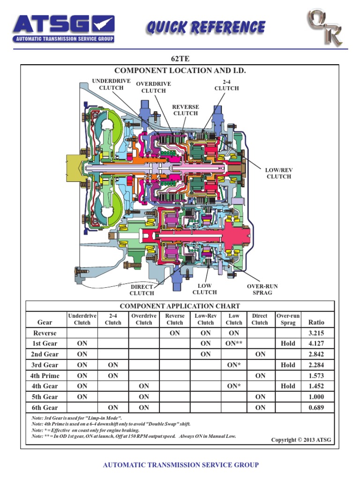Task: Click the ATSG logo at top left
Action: tap(63, 29)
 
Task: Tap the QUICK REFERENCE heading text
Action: tap(205, 28)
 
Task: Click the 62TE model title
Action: tap(180, 59)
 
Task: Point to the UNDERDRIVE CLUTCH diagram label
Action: tap(112, 84)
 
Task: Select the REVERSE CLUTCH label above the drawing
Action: tap(186, 110)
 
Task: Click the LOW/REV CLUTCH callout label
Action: tap(279, 173)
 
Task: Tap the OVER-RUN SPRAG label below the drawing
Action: tap(262, 289)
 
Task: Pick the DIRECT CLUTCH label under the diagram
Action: tap(142, 290)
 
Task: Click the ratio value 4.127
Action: tap(316, 344)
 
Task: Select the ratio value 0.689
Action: tap(316, 408)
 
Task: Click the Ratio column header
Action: tap(316, 322)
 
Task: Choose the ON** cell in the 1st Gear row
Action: tap(234, 344)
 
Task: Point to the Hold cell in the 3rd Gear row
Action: tap(288, 365)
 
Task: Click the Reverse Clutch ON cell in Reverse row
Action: tap(175, 333)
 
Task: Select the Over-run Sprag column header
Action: tap(288, 319)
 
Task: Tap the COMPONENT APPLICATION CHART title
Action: tap(180, 306)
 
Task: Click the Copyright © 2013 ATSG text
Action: tap(301, 440)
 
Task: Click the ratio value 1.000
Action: tap(316, 397)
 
